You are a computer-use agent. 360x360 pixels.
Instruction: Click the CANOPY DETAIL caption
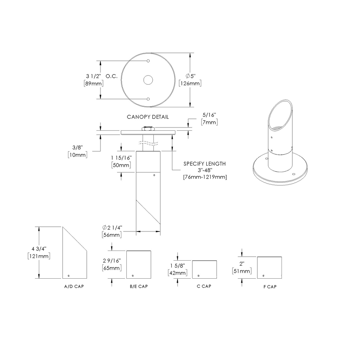(148, 117)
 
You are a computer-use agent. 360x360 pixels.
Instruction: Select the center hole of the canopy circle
(148, 80)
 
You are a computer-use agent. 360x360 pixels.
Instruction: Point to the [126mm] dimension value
(190, 84)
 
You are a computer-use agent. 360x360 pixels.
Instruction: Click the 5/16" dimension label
(209, 115)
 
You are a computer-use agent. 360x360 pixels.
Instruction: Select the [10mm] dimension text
(77, 154)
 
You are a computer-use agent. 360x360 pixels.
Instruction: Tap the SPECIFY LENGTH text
(204, 164)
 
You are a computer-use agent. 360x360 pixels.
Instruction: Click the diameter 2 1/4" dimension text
(112, 228)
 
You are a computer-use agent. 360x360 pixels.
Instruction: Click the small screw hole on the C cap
(198, 276)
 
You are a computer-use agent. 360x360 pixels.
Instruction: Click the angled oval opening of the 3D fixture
(283, 113)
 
